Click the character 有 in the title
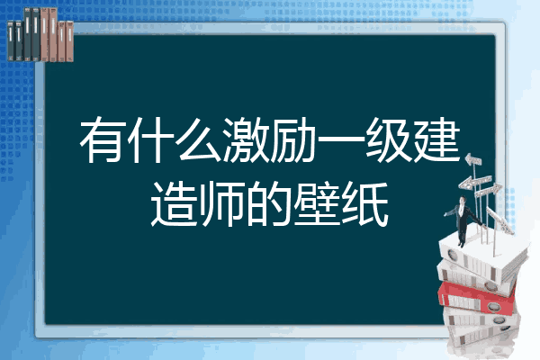103,139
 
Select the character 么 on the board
200,139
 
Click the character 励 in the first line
292,139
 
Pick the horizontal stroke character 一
340,139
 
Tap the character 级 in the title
388,139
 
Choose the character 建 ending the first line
436,139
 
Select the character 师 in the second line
221,203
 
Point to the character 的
269,203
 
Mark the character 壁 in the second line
317,203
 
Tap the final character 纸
365,203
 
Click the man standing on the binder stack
463,221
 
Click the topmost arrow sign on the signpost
473,160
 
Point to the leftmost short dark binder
11,41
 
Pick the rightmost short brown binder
70,41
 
